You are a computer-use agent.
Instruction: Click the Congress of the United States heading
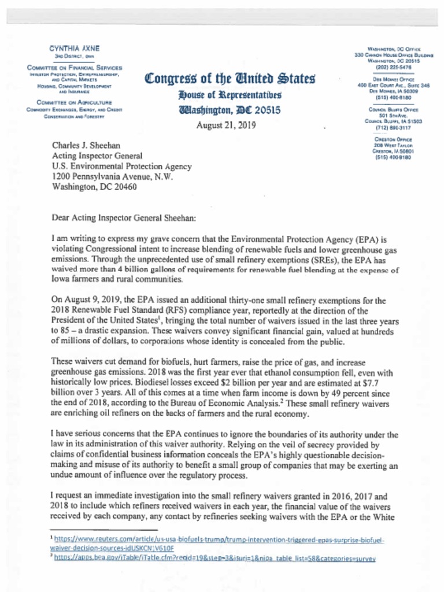230,78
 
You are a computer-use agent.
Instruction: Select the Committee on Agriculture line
72,100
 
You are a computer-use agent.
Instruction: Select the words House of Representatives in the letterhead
230,95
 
